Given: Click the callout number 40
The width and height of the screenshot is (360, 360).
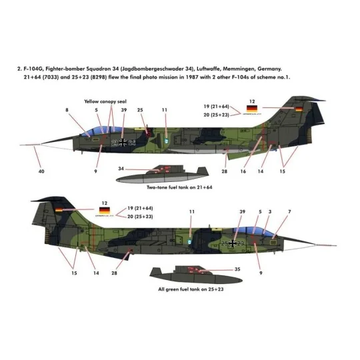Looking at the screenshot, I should [x=23, y=172].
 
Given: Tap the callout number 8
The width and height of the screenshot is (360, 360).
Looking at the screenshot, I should [x=67, y=110].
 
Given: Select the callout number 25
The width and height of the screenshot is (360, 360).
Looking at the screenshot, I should [x=139, y=110].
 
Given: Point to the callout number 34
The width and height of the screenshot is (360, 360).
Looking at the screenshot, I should [x=120, y=169].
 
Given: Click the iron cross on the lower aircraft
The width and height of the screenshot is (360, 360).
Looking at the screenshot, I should [x=235, y=243].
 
